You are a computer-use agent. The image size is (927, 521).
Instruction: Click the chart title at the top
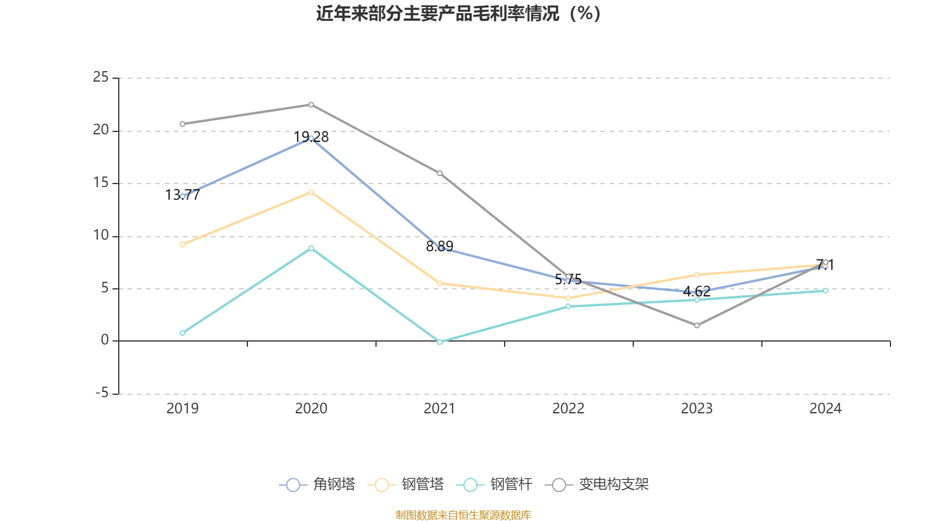pyautogui.click(x=459, y=14)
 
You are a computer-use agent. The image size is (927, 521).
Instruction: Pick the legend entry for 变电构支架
pyautogui.click(x=597, y=485)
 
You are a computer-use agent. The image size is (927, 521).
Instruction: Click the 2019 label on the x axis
pyautogui.click(x=183, y=409)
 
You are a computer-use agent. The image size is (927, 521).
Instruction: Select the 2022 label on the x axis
pyautogui.click(x=568, y=409)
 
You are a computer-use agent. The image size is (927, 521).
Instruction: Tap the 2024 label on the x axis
pyautogui.click(x=825, y=409)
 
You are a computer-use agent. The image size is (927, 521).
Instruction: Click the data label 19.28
pyautogui.click(x=311, y=137)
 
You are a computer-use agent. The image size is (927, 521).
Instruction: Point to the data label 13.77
pyautogui.click(x=183, y=195)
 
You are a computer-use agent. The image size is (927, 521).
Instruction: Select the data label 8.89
pyautogui.click(x=440, y=247)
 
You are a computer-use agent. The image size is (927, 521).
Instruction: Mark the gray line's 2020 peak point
pyautogui.click(x=311, y=105)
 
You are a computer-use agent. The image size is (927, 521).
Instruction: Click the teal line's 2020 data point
pyautogui.click(x=311, y=248)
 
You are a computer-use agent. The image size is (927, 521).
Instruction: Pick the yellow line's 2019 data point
pyautogui.click(x=183, y=244)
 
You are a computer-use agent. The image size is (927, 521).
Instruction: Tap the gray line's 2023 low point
pyautogui.click(x=697, y=325)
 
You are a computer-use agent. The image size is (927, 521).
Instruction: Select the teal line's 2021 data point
pyautogui.click(x=440, y=342)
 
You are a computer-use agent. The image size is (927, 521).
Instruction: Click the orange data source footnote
pyautogui.click(x=463, y=515)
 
